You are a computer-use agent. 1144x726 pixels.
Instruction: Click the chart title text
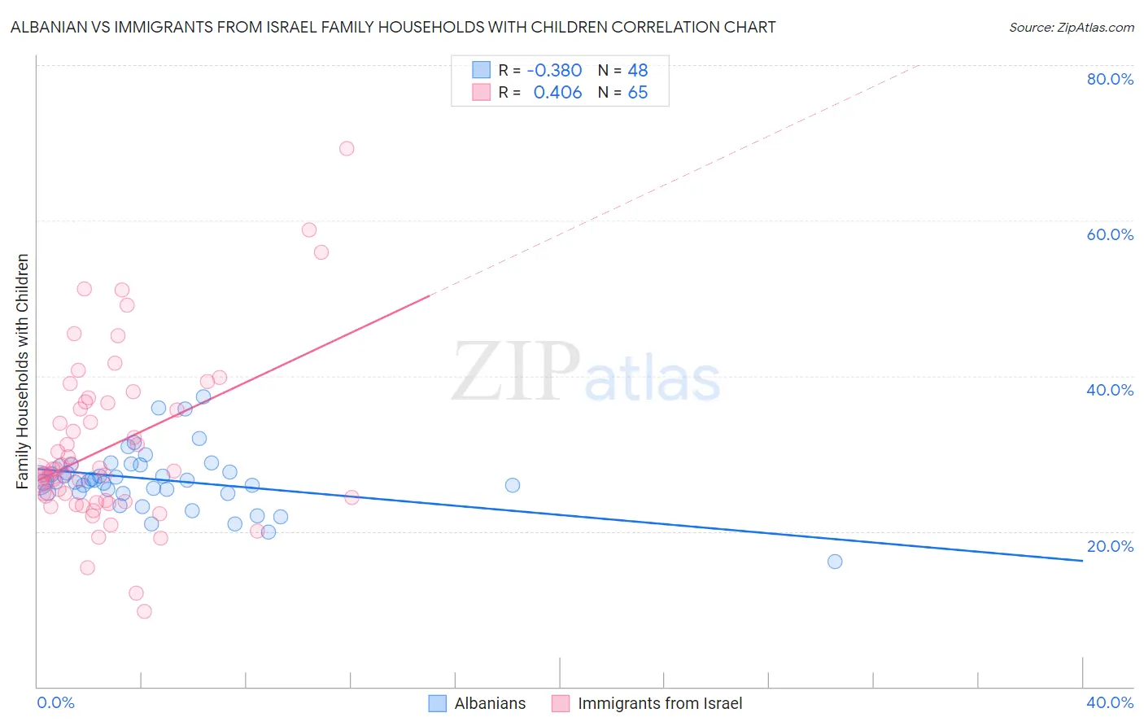(393, 27)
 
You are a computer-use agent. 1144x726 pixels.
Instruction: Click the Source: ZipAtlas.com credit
(1071, 27)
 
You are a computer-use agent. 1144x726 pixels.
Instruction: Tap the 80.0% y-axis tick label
(1110, 79)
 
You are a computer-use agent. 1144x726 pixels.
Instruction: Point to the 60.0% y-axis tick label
(1110, 234)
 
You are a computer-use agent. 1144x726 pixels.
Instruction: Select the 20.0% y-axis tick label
(1110, 546)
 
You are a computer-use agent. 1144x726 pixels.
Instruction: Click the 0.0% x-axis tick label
(55, 702)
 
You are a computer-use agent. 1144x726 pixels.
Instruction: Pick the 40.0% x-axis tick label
(1110, 702)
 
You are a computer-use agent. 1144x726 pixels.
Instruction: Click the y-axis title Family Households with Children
(22, 371)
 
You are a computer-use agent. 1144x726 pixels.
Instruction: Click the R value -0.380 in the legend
(554, 71)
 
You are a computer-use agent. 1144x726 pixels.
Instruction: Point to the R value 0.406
(557, 93)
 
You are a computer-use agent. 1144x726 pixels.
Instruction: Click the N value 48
(638, 71)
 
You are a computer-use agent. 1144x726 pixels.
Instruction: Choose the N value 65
(638, 93)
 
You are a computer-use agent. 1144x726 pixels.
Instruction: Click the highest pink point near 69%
(347, 148)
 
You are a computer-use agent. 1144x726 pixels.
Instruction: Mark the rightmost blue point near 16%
(835, 562)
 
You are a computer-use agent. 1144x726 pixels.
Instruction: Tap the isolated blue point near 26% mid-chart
(513, 485)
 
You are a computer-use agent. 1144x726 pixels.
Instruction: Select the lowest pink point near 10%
(144, 611)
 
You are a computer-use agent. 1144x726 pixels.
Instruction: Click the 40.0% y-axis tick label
(1110, 390)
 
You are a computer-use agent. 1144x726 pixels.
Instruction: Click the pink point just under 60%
(309, 230)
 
